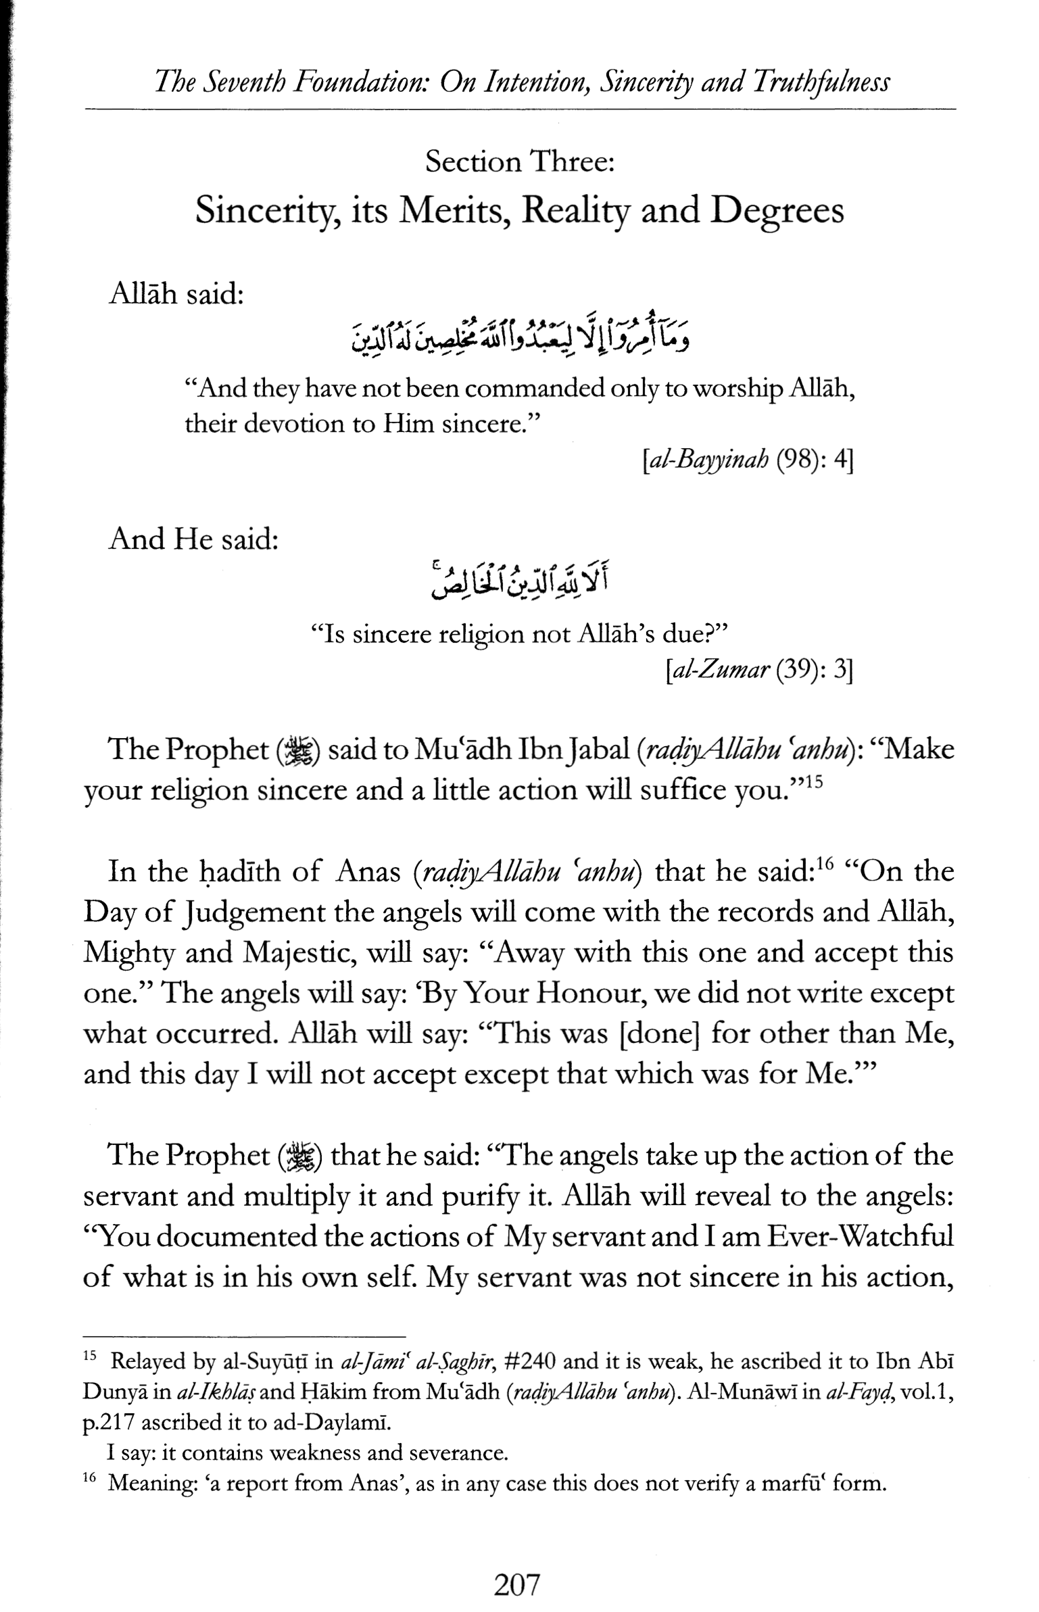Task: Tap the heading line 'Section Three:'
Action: click(x=519, y=163)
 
